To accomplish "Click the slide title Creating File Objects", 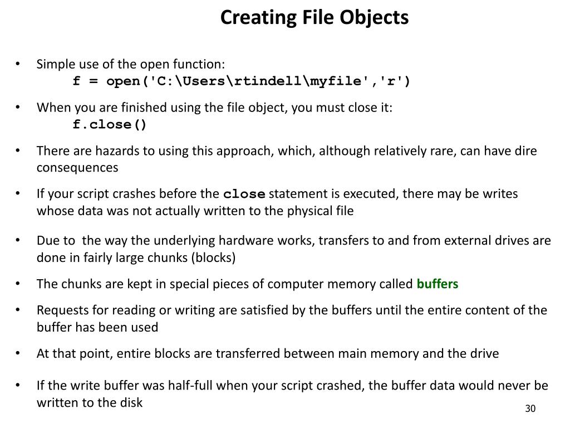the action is (x=314, y=18).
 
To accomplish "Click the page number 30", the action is (x=529, y=410).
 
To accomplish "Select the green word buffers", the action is (x=438, y=284).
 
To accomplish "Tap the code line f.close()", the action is (x=110, y=124).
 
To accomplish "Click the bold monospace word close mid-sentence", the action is (x=244, y=194).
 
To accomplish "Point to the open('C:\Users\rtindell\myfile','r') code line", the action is (x=242, y=81).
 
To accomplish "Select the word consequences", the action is (x=77, y=168).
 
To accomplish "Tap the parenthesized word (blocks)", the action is (x=215, y=258).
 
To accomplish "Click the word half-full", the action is (x=193, y=385).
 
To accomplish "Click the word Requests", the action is (x=60, y=310).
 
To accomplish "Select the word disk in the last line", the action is (x=131, y=402).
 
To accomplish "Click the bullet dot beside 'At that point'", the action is (x=18, y=353).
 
